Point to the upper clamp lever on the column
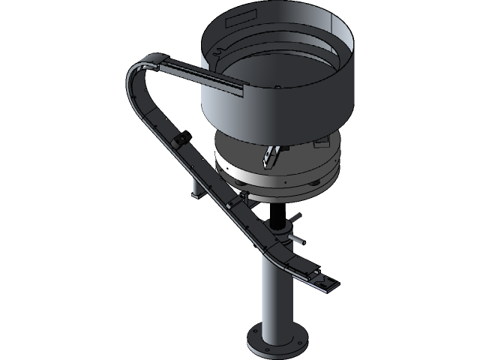click(x=295, y=218)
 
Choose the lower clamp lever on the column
click(x=297, y=239)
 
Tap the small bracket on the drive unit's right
click(x=322, y=139)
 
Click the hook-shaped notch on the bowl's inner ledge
click(x=218, y=52)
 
